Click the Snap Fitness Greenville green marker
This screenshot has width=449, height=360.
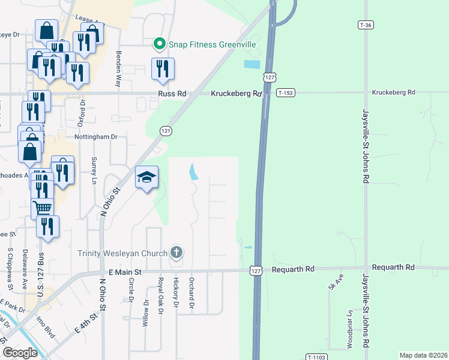tap(159, 44)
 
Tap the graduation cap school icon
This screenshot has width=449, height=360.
tap(146, 178)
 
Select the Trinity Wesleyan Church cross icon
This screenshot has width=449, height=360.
tap(176, 252)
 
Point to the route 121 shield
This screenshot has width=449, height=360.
tap(165, 131)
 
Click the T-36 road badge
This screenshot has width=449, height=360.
tap(366, 25)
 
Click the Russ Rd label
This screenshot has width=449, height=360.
tap(172, 94)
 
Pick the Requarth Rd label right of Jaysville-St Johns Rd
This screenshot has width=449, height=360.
tap(393, 267)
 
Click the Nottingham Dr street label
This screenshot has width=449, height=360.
tap(96, 137)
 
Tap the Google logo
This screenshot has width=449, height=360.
tap(20, 352)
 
